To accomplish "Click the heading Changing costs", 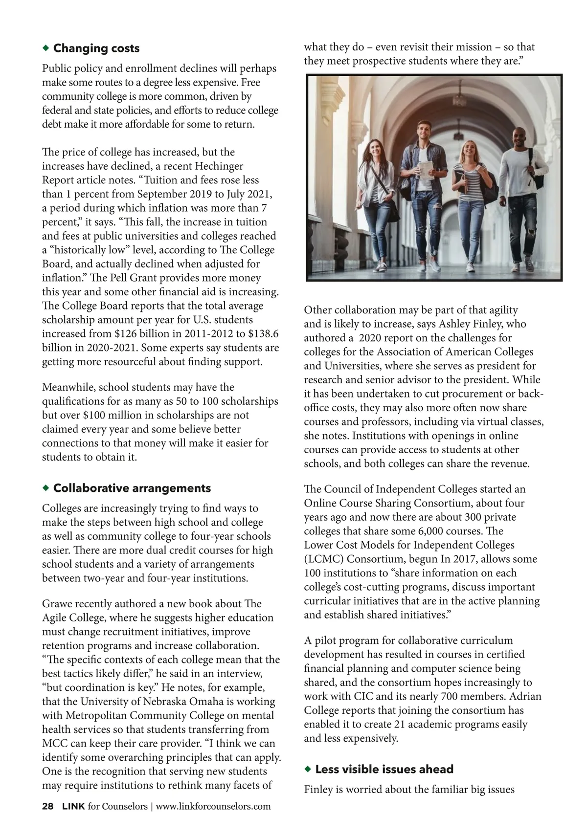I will [x=96, y=48].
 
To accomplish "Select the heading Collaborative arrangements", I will [x=132, y=488].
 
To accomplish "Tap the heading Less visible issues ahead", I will [x=384, y=769].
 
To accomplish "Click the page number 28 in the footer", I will [x=47, y=806].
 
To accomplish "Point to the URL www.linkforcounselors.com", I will [x=213, y=806].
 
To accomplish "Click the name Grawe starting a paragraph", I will [x=58, y=603].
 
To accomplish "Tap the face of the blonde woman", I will [x=469, y=148].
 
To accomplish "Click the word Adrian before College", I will [x=524, y=696].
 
